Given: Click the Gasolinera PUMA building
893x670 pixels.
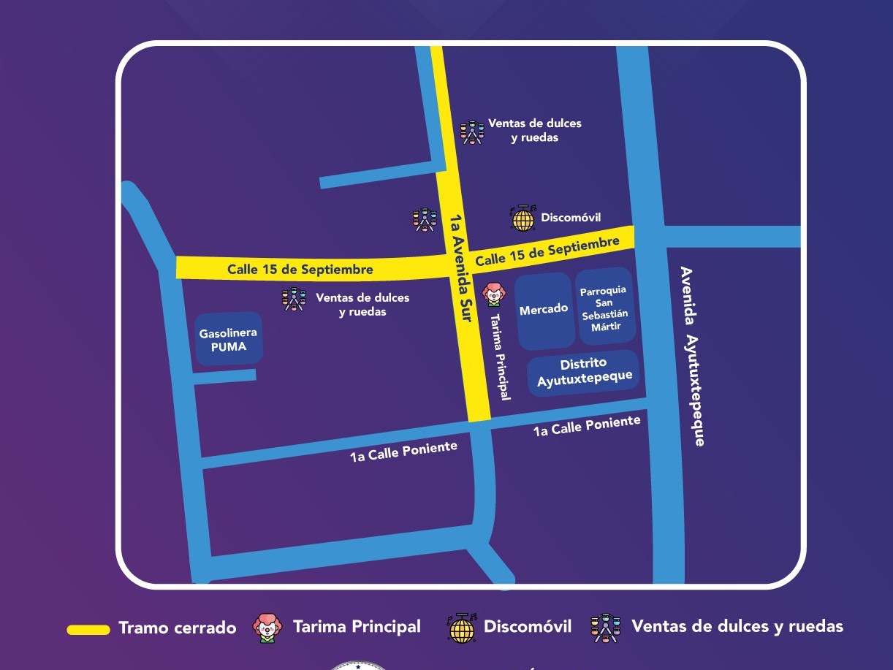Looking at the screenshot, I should click(229, 339).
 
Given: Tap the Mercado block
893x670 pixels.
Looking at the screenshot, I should click(544, 311).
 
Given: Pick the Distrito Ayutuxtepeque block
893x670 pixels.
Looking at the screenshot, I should click(583, 373).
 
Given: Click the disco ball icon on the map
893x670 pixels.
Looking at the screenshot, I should click(522, 218).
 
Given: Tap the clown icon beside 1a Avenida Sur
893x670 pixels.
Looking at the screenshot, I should click(493, 294).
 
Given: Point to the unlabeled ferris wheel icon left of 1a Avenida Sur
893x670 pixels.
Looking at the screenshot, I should click(424, 219).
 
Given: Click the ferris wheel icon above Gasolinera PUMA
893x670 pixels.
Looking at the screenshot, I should click(293, 299).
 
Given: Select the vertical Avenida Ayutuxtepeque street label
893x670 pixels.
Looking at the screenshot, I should click(692, 356).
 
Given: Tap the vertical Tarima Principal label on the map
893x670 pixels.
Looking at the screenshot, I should click(500, 357).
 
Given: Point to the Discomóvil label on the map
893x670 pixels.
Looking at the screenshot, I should click(571, 218).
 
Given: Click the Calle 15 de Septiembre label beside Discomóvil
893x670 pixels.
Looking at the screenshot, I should click(547, 251).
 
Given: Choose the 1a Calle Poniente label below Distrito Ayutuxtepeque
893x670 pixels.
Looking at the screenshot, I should click(587, 426).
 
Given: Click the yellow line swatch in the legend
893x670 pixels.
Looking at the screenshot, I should click(88, 629).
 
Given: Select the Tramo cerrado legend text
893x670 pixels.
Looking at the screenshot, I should click(178, 628).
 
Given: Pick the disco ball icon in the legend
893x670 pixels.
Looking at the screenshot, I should click(460, 628).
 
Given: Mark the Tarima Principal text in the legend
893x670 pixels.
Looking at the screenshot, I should click(357, 627).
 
